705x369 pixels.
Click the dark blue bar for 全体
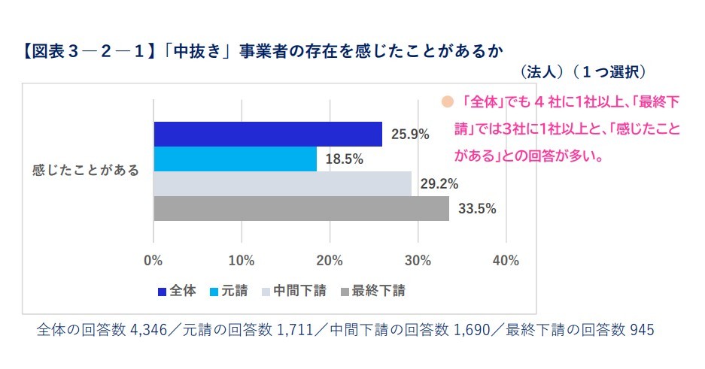268,134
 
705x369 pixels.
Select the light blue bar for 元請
235,159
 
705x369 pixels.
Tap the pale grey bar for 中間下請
282,183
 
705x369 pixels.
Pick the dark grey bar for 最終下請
301,208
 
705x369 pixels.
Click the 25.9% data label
410,135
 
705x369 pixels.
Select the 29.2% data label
439,183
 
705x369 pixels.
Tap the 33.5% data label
477,209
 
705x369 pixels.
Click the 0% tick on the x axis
153,261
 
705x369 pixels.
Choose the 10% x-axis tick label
242,261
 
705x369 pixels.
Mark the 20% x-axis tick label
330,261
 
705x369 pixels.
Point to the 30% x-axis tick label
418,261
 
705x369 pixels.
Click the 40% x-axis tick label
506,261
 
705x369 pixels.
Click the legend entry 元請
229,291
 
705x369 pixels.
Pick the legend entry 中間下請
293,291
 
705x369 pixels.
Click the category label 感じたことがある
86,171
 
